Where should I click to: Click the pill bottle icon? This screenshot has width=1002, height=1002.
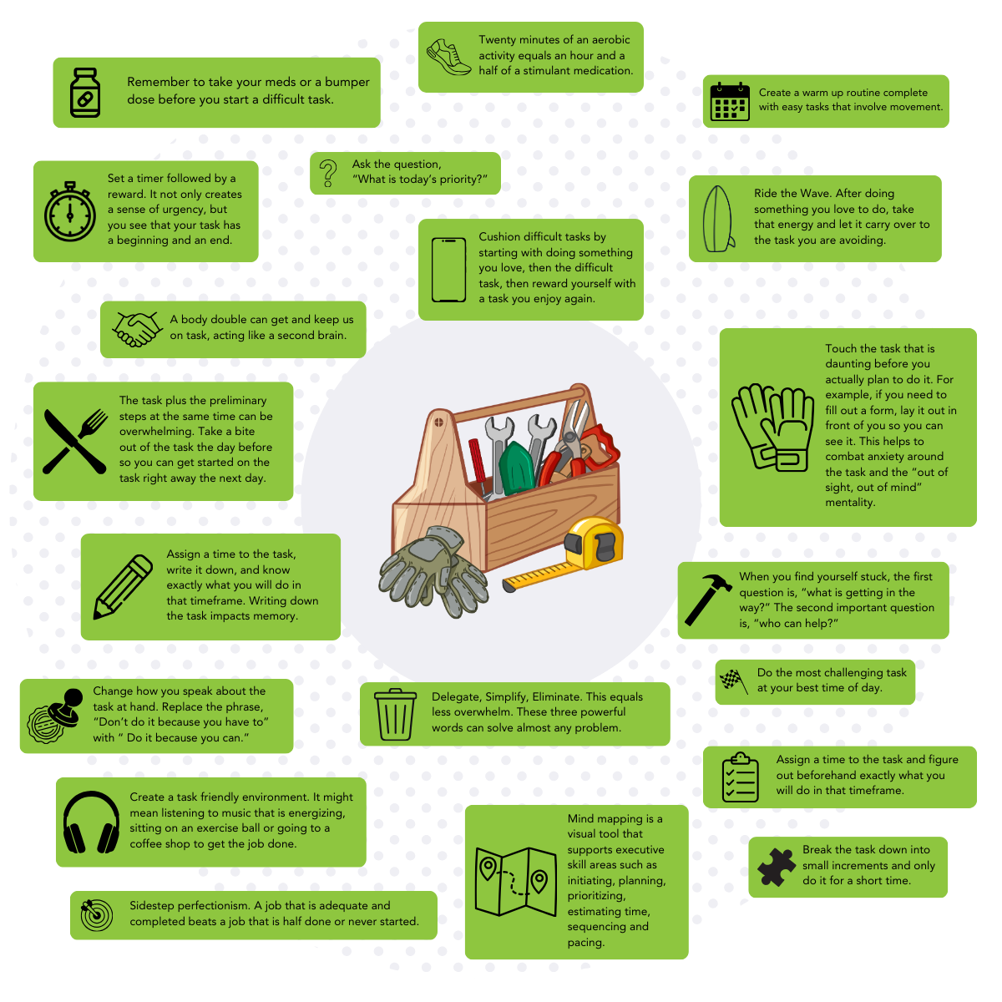coord(85,93)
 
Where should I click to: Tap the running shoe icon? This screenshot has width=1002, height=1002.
coord(448,56)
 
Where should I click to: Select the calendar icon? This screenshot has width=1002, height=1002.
coord(729,101)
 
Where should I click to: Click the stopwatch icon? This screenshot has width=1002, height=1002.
coord(70,210)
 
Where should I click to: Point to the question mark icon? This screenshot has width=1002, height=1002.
coord(329,173)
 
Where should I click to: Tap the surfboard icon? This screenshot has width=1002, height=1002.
coord(720,217)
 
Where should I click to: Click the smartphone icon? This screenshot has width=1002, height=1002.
coord(448,270)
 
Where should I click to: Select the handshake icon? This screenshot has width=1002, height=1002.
coord(137,329)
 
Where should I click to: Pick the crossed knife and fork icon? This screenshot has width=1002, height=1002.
coord(74,441)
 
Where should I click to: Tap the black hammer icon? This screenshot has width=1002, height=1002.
coord(708,599)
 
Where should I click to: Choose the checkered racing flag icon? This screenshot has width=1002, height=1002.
coord(733,681)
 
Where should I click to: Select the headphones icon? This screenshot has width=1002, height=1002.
coord(92,822)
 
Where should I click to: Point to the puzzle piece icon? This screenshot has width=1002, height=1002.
coord(777,867)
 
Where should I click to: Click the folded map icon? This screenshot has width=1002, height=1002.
coord(515,881)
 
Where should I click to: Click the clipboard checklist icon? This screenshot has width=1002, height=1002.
coord(740,777)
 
